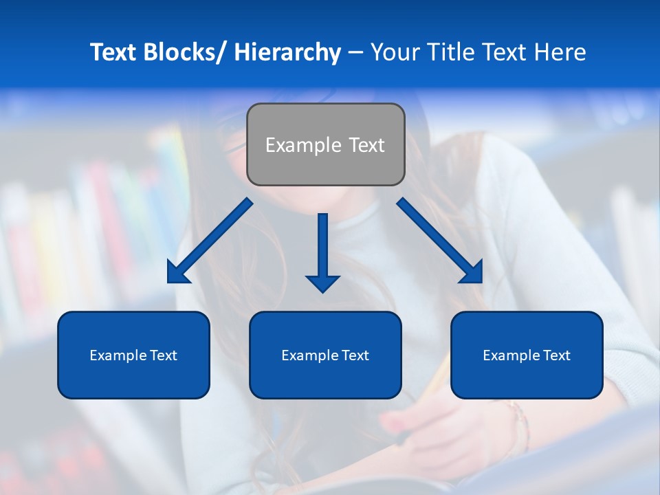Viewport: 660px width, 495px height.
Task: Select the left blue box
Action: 133,355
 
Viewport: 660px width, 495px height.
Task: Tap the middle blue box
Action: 325,355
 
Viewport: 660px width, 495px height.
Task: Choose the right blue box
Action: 527,355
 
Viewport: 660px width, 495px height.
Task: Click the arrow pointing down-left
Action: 210,241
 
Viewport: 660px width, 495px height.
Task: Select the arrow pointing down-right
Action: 440,241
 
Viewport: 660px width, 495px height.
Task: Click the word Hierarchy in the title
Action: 287,52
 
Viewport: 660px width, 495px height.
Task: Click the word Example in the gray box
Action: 303,145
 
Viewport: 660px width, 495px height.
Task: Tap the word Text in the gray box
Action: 366,145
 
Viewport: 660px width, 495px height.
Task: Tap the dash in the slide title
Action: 355,53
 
